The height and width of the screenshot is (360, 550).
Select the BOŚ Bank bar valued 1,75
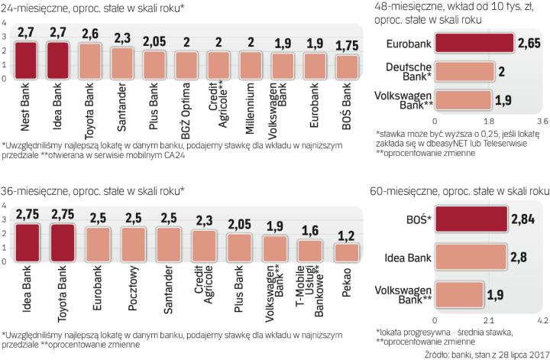click(348, 66)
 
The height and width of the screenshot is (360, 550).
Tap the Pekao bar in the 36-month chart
click(348, 253)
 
